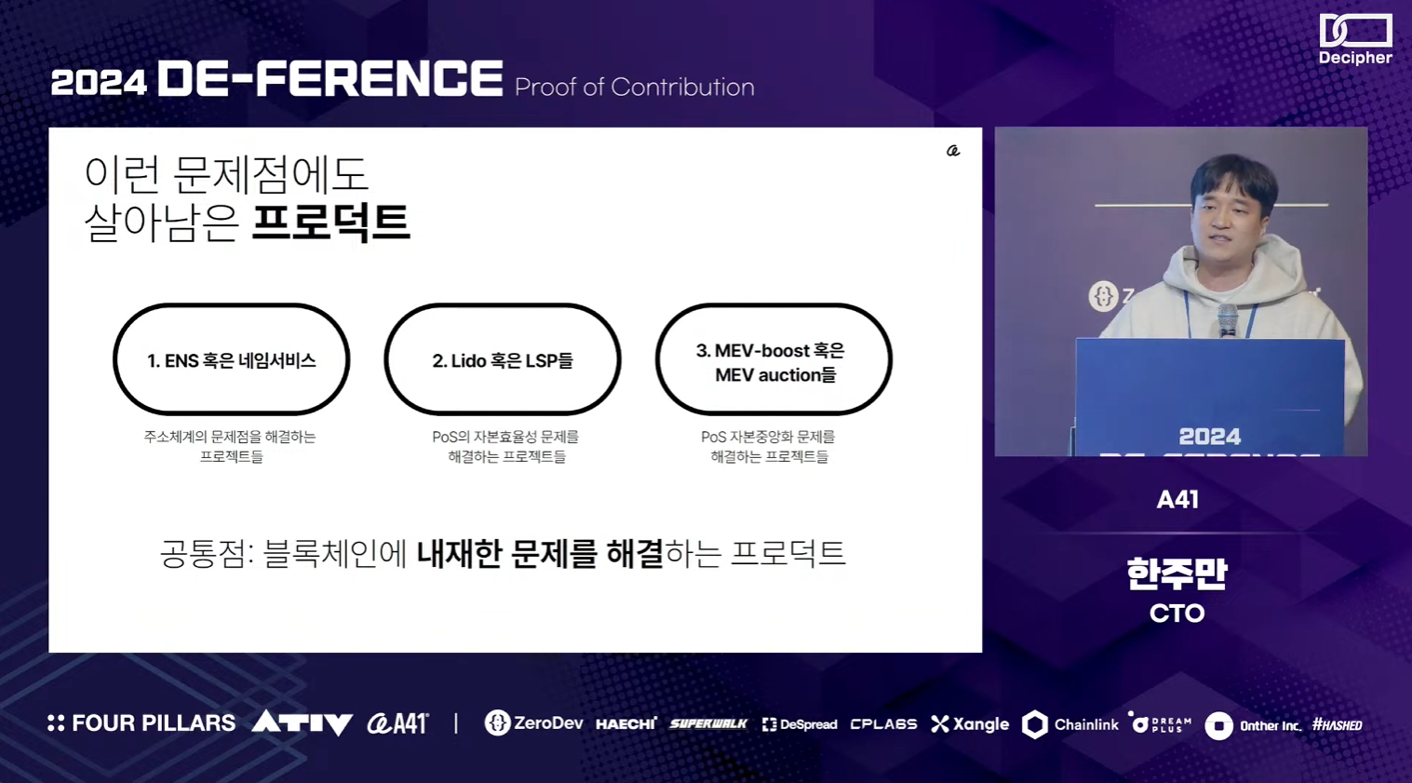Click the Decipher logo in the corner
(1355, 39)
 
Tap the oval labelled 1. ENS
(232, 307)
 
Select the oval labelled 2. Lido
(503, 307)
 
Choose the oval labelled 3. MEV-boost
(773, 307)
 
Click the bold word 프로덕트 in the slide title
(331, 222)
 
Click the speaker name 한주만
(1177, 574)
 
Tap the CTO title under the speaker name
(1177, 614)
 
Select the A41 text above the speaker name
(1177, 500)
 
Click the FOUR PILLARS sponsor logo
(141, 723)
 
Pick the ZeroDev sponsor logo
(534, 723)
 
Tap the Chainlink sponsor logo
(1070, 724)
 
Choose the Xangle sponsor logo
(970, 724)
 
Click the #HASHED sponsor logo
(1337, 725)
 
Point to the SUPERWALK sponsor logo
(708, 723)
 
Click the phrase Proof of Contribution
(634, 87)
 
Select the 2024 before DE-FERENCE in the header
(99, 83)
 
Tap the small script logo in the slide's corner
(953, 151)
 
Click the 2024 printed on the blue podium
(1210, 437)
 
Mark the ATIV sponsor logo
(302, 722)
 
